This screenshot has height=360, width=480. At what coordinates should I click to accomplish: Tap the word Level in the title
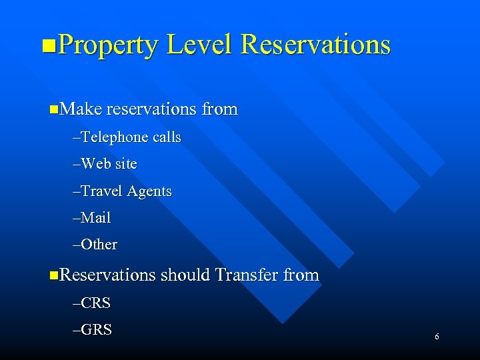click(x=199, y=45)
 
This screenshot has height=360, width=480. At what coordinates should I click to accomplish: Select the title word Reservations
click(x=315, y=45)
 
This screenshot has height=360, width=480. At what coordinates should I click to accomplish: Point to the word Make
click(x=80, y=109)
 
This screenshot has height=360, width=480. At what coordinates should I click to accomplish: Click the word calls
click(x=167, y=137)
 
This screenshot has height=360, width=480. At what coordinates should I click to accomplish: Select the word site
click(x=125, y=164)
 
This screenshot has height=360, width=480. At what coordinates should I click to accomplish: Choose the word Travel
click(x=101, y=191)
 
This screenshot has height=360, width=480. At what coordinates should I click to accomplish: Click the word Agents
click(x=149, y=192)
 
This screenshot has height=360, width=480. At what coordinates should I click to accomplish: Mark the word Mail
click(x=96, y=218)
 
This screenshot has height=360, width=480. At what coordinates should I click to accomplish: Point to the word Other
click(x=99, y=245)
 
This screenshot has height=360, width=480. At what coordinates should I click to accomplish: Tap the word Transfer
click(x=247, y=275)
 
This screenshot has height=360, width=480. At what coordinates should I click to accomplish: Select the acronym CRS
click(x=96, y=303)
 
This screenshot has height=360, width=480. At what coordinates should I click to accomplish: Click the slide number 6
click(x=437, y=337)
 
